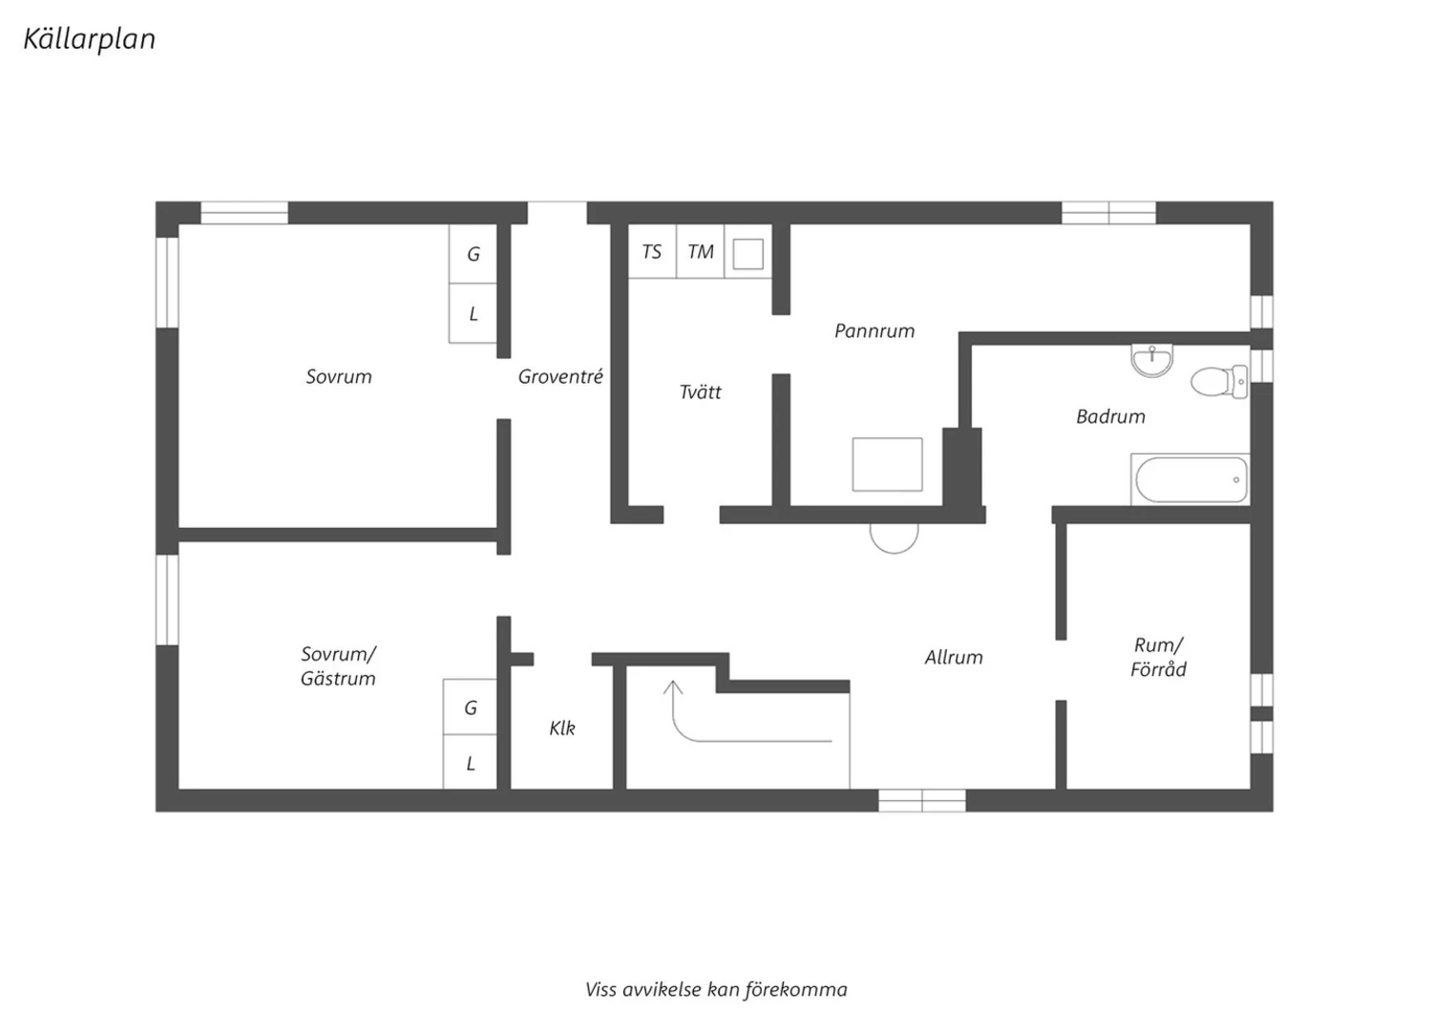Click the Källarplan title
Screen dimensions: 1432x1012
[90, 40]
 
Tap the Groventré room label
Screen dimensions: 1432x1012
[560, 376]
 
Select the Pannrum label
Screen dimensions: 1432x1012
[874, 331]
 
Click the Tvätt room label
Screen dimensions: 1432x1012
[700, 391]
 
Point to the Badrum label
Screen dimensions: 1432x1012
[1110, 417]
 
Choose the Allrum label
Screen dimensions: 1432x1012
[954, 657]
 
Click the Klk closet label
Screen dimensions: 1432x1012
[562, 728]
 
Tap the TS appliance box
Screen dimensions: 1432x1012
[652, 251]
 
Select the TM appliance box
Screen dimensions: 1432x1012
[700, 251]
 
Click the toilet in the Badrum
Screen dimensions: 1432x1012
[1219, 382]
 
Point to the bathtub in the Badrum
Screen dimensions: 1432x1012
[1190, 479]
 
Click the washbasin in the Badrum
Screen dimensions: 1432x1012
[1151, 361]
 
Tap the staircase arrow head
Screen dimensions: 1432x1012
[672, 687]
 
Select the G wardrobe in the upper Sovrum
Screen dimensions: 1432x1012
[474, 254]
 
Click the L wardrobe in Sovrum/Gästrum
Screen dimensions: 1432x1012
[470, 762]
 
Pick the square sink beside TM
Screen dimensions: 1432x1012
[748, 254]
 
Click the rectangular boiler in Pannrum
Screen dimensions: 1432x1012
[887, 465]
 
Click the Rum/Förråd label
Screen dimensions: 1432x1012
[1158, 657]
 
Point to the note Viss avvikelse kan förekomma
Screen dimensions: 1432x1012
[716, 990]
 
